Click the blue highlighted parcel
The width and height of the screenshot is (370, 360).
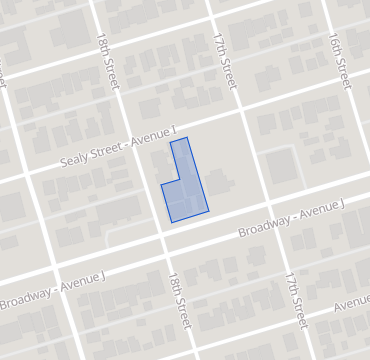point(186,190)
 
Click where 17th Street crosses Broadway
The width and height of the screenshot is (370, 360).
point(278,215)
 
